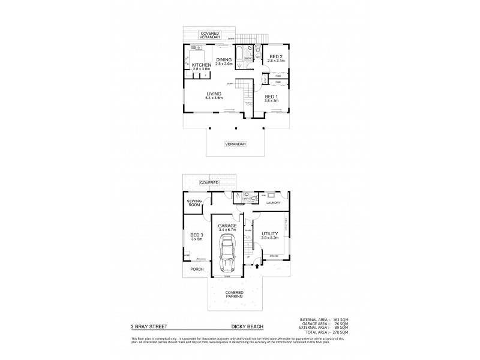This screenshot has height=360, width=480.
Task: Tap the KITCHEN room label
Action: click(x=202, y=65)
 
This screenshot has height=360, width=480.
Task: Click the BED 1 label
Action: click(x=271, y=97)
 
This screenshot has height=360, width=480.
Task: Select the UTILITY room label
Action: click(x=271, y=233)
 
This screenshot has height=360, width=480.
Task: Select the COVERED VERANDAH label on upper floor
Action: click(x=210, y=35)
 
